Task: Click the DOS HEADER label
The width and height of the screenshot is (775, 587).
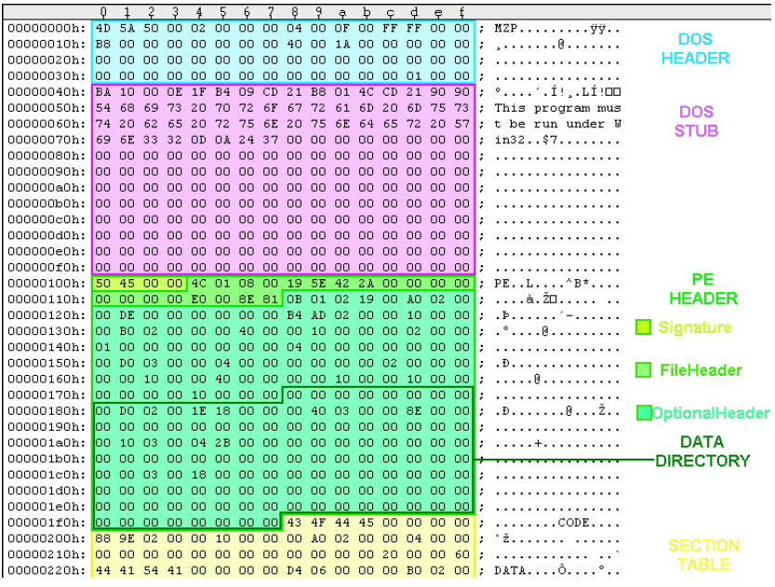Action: click(695, 49)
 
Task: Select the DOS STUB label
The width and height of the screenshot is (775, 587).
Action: click(696, 122)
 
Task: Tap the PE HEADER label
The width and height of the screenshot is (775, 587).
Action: click(702, 288)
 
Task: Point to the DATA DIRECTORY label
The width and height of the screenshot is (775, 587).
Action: click(702, 451)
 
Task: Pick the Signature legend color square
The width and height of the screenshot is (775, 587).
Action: click(642, 327)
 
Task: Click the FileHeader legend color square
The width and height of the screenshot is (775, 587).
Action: click(642, 369)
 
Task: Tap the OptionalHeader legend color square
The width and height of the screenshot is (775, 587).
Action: click(643, 412)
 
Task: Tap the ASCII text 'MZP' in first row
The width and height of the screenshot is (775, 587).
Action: click(505, 27)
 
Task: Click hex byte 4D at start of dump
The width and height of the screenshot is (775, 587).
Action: click(102, 27)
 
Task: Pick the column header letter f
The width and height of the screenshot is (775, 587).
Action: click(462, 12)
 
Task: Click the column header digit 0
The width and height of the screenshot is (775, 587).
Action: click(102, 12)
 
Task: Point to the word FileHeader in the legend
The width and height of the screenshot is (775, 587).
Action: click(701, 370)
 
